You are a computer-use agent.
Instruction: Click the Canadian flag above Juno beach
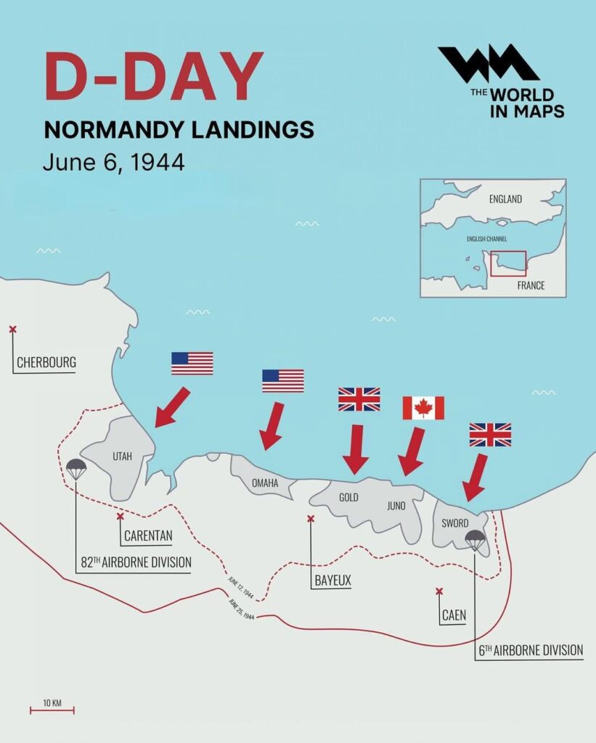(x=423, y=408)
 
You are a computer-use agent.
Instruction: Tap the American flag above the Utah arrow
(x=192, y=363)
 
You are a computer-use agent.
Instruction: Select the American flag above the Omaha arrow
(x=283, y=380)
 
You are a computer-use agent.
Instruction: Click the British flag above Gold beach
(x=359, y=399)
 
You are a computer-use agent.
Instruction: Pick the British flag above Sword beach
(x=490, y=434)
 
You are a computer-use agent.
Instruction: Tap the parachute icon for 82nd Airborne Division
(x=76, y=469)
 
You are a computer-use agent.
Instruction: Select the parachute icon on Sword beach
(x=475, y=539)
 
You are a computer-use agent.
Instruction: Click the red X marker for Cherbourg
(x=12, y=329)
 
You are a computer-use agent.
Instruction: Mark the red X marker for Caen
(x=438, y=591)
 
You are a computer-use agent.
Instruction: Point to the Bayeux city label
(x=333, y=580)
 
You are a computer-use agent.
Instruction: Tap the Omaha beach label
(x=265, y=483)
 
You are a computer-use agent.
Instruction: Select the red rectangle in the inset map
(x=507, y=263)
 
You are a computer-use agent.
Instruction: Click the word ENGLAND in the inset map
(x=505, y=199)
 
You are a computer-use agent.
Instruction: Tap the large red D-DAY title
(x=153, y=76)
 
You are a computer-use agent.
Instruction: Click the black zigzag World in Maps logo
(x=488, y=63)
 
